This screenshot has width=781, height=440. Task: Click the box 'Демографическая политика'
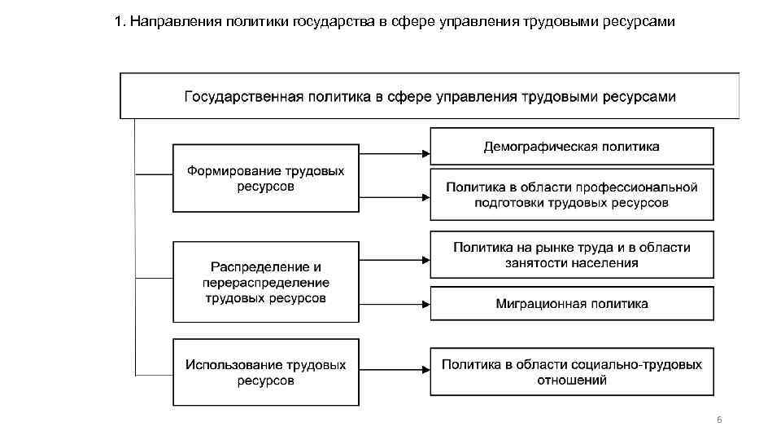click(571, 147)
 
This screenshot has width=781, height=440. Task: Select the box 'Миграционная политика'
click(571, 303)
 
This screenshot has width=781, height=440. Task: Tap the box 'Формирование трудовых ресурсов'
click(266, 178)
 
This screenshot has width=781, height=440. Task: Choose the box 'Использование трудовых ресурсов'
click(266, 372)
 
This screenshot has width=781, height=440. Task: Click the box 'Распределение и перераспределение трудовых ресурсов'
click(266, 281)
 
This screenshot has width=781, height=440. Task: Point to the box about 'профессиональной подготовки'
click(571, 195)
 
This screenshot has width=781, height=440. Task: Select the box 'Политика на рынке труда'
click(571, 254)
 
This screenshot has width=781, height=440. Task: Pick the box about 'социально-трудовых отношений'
click(571, 372)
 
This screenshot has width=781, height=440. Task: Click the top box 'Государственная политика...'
click(430, 96)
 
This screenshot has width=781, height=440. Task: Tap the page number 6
click(718, 420)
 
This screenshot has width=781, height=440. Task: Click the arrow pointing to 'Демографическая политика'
click(395, 152)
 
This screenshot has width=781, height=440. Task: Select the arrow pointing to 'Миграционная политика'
click(395, 303)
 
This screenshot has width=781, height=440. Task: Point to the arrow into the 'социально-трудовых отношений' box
click(395, 372)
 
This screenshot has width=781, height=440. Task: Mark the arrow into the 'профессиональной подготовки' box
click(395, 196)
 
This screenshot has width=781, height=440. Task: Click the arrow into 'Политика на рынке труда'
click(395, 260)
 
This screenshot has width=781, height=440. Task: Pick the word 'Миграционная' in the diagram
click(534, 303)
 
